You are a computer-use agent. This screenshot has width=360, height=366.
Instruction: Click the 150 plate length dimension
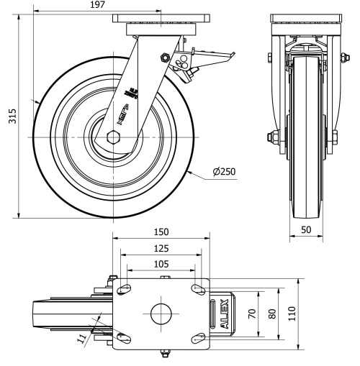tap(161, 232)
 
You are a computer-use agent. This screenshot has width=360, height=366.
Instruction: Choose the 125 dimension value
tap(161, 248)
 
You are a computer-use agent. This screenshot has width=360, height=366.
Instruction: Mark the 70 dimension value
tap(251, 314)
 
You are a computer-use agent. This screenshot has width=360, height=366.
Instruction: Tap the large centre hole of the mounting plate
tap(161, 314)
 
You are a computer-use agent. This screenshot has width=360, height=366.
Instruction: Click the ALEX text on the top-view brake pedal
tap(222, 314)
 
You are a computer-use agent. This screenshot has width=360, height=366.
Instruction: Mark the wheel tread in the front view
tap(305, 144)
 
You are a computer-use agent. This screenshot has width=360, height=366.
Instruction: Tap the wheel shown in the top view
tap(65, 314)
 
